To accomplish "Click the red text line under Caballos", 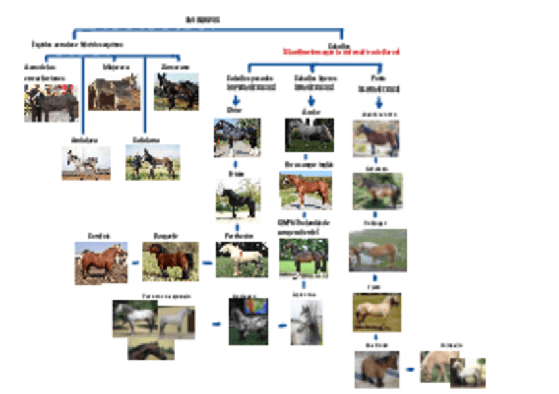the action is (341, 51).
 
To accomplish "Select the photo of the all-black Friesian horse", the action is (238, 198).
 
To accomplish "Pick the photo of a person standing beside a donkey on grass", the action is (152, 162).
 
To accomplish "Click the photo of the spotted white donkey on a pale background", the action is (86, 163).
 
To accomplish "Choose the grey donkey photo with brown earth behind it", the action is (113, 92).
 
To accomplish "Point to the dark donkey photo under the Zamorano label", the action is (176, 91).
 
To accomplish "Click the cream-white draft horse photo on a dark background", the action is (241, 259).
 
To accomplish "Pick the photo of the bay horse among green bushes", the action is (170, 261).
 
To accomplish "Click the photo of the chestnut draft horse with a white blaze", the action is (101, 262).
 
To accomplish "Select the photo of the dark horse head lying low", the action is (147, 350).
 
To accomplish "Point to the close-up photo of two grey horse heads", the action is (307, 322).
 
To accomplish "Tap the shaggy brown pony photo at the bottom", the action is (376, 369).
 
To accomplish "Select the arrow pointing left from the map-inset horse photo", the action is (216, 324).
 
